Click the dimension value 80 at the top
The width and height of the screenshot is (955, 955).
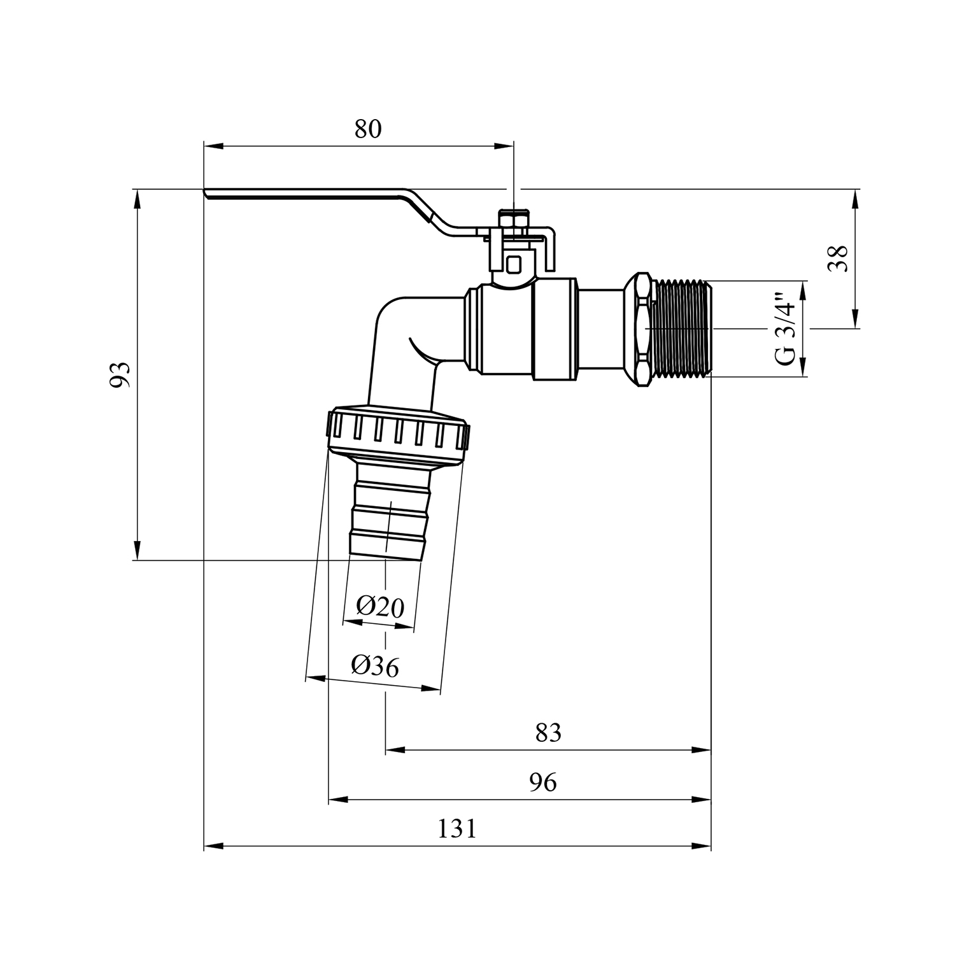point(368,129)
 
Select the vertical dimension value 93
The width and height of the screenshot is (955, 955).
point(120,374)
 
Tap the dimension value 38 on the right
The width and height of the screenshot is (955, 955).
point(841,258)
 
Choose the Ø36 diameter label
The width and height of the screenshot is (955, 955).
point(375,666)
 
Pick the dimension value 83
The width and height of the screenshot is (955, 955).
point(548,733)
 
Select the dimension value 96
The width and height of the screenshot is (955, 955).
point(543,782)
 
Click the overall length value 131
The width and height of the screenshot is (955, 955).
point(456,829)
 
